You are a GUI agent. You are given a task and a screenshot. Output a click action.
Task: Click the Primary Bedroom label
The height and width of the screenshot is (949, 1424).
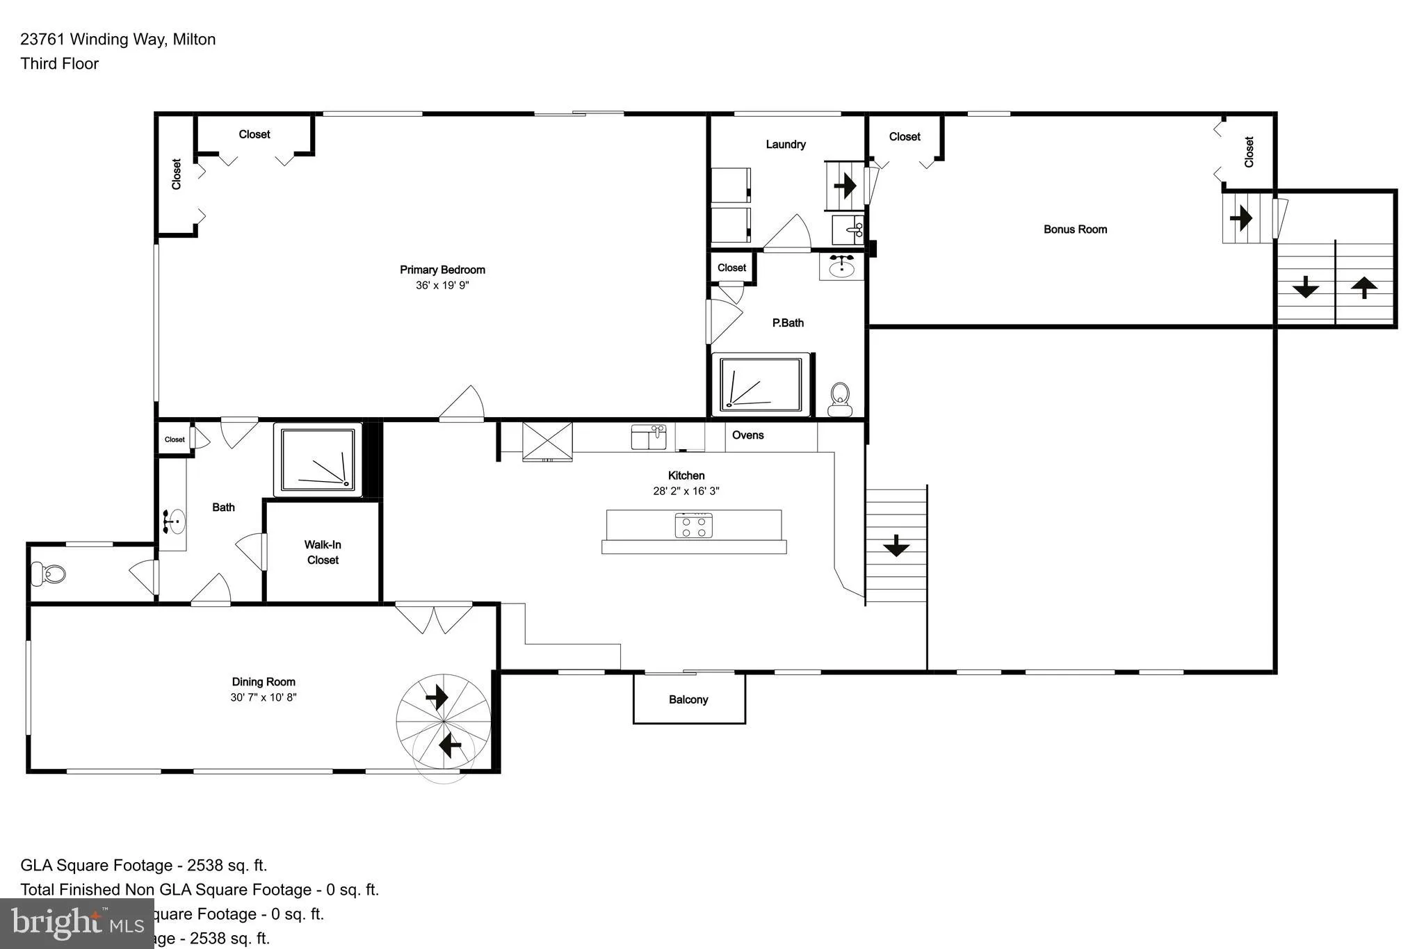click(442, 270)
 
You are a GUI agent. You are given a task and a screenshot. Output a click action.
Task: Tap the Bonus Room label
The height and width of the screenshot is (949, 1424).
click(1075, 229)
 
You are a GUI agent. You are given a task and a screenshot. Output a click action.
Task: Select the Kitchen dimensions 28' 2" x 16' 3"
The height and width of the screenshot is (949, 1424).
click(686, 491)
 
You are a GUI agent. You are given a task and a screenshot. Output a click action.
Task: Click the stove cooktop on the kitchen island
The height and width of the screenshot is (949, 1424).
click(693, 526)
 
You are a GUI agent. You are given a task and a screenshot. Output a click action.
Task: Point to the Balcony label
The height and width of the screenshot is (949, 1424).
click(688, 699)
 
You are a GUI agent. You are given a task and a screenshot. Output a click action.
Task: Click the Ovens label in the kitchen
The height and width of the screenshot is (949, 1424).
click(747, 435)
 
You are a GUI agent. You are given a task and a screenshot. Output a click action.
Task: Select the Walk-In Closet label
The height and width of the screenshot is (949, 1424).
click(323, 553)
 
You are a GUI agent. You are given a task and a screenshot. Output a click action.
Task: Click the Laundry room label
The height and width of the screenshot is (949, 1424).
click(786, 145)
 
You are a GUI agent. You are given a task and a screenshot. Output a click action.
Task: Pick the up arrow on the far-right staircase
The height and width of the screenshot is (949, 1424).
click(1364, 286)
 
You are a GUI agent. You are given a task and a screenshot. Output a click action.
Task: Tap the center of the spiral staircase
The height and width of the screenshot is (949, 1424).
click(444, 722)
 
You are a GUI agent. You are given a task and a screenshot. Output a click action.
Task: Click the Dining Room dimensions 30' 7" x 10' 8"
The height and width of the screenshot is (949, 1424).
click(264, 697)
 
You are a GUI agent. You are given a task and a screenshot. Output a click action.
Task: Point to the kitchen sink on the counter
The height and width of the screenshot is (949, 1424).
click(648, 437)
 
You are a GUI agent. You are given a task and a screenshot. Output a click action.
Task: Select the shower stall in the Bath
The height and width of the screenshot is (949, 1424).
click(318, 460)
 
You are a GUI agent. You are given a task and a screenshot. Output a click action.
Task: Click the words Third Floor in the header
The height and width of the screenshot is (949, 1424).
click(60, 64)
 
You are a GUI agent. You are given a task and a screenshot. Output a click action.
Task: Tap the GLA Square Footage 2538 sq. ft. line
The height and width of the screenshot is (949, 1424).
click(144, 866)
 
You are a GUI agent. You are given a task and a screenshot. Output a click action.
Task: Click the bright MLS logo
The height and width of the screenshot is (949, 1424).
click(76, 923)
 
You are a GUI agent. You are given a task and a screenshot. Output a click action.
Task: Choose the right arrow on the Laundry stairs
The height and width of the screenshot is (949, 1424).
click(845, 186)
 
